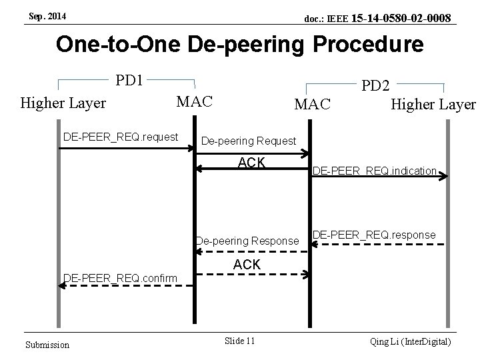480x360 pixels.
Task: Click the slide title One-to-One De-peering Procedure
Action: [x=240, y=45]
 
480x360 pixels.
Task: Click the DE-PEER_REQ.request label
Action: [x=120, y=137]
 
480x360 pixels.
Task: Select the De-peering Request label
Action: [x=248, y=141]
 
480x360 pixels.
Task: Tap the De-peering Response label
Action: [x=247, y=241]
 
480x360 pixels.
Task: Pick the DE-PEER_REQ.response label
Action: [x=374, y=235]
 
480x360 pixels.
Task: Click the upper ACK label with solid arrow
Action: [x=252, y=162]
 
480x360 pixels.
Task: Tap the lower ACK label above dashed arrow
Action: [x=247, y=265]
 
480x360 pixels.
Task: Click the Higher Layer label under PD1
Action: [x=63, y=103]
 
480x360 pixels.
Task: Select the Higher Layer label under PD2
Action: [x=433, y=104]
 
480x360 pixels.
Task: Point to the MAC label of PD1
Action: [x=193, y=101]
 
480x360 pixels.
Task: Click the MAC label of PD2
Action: [x=312, y=104]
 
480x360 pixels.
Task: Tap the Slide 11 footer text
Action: [x=240, y=341]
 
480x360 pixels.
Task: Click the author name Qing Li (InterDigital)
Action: [x=411, y=341]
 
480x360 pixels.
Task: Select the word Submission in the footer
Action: [x=47, y=344]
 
